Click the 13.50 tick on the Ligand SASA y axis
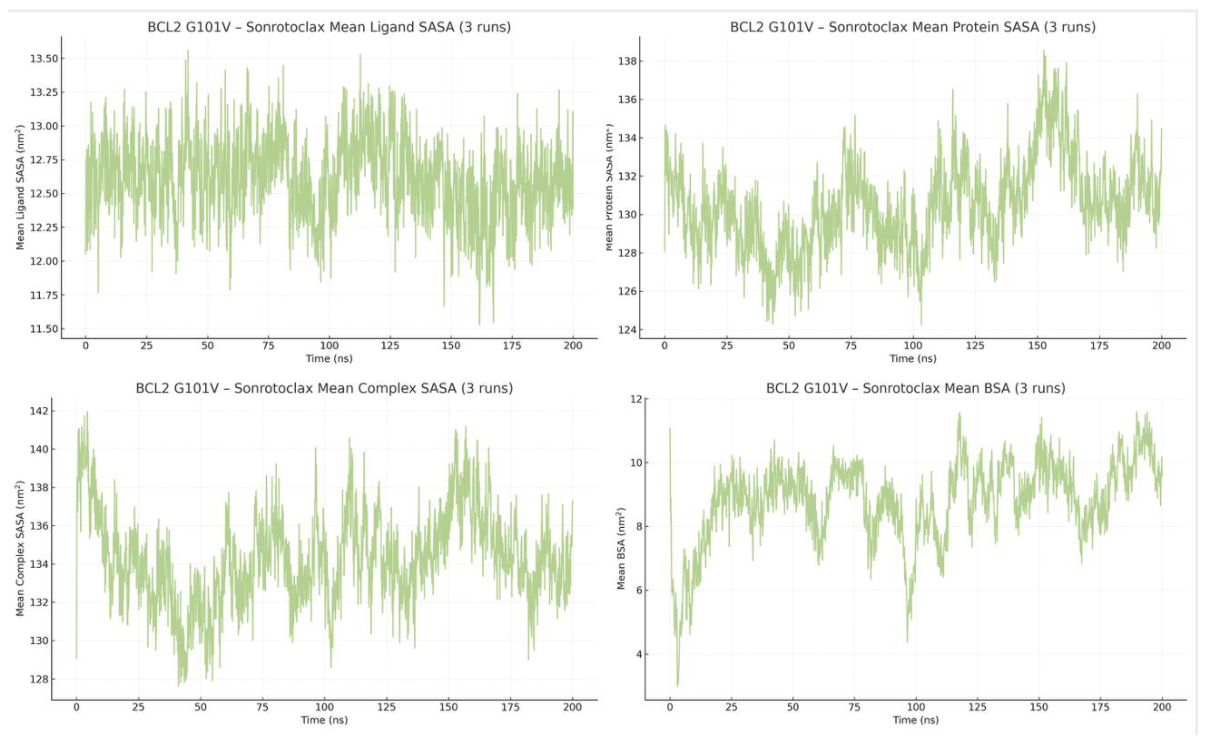coord(44,59)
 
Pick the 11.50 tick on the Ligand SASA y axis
coord(44,329)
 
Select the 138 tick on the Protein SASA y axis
coord(627,61)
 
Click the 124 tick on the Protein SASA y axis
coord(627,330)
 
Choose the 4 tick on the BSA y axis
coord(639,654)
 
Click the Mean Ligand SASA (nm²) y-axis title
coord(20,187)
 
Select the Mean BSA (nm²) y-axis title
coord(621,548)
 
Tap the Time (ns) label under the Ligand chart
coord(329,358)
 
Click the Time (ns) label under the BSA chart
coord(915,720)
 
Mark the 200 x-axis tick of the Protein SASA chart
coord(1161,346)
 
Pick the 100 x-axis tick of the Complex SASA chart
coord(324,707)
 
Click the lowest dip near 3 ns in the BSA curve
coord(678,685)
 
